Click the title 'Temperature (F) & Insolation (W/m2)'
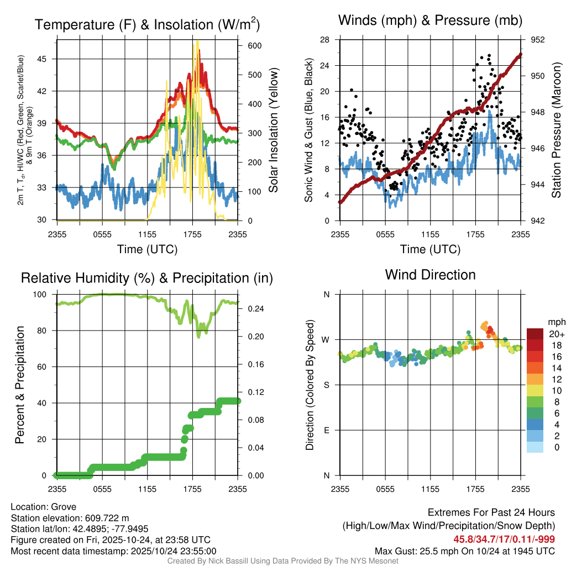pyautogui.click(x=147, y=24)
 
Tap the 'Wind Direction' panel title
pyautogui.click(x=430, y=275)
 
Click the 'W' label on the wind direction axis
pyautogui.click(x=326, y=339)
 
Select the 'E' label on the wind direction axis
pyautogui.click(x=326, y=430)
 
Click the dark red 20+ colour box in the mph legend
pyautogui.click(x=536, y=333)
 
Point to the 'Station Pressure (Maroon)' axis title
pyautogui.click(x=557, y=130)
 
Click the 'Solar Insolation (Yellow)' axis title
pyautogui.click(x=273, y=130)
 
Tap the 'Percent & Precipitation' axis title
pyautogui.click(x=20, y=385)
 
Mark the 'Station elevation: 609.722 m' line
pyautogui.click(x=70, y=518)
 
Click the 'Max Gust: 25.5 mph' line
pyautogui.click(x=465, y=551)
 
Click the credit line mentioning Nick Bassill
pyautogui.click(x=283, y=561)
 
